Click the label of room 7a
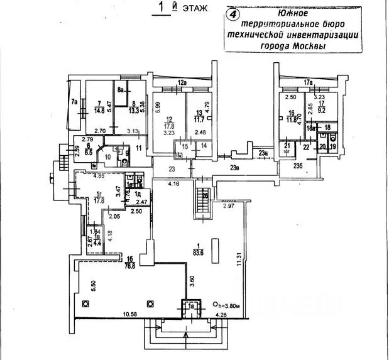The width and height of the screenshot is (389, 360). click(x=74, y=101)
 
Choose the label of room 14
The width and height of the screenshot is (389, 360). click(x=204, y=146)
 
